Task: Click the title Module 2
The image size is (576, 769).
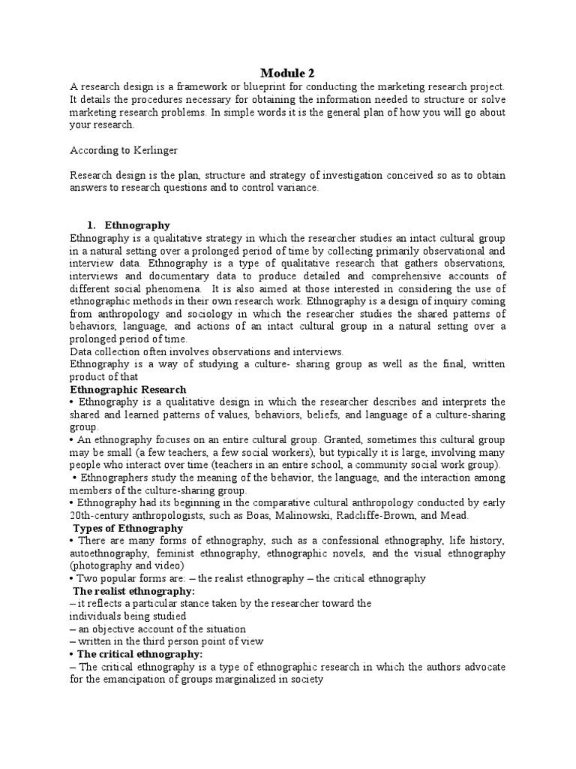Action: click(288, 73)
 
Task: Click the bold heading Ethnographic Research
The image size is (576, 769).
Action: click(128, 391)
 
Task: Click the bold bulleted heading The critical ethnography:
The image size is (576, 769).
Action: click(135, 654)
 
